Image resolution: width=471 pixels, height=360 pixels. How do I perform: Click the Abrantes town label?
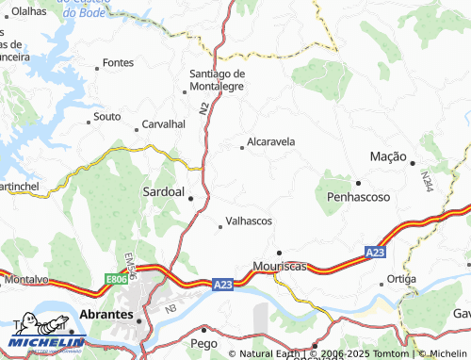pyautogui.click(x=106, y=314)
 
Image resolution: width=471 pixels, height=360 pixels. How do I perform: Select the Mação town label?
pyautogui.click(x=387, y=155)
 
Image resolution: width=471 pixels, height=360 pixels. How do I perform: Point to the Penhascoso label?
pyautogui.click(x=358, y=197)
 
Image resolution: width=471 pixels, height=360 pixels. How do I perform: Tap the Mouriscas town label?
pyautogui.click(x=281, y=267)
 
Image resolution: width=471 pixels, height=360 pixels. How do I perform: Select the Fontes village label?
pyautogui.click(x=119, y=62)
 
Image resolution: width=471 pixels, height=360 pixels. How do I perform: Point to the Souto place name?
pyautogui.click(x=107, y=117)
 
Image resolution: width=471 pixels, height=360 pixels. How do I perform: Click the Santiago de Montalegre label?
pyautogui.click(x=217, y=79)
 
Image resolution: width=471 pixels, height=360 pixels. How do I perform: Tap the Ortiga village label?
pyautogui.click(x=401, y=279)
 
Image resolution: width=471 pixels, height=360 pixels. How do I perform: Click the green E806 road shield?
pyautogui.click(x=116, y=279)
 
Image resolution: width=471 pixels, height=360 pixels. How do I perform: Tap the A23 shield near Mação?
pyautogui.click(x=376, y=252)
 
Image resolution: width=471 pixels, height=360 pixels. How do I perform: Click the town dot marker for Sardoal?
pyautogui.click(x=191, y=199)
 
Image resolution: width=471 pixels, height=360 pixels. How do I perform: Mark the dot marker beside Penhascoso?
pyautogui.click(x=358, y=183)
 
